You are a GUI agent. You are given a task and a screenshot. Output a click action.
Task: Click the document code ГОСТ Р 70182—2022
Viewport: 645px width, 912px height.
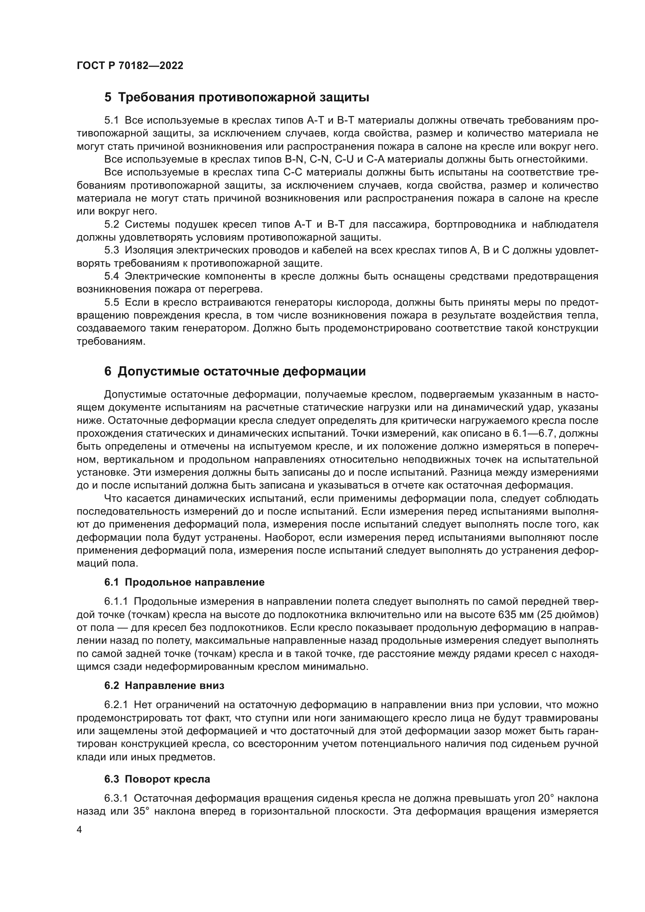point(130,66)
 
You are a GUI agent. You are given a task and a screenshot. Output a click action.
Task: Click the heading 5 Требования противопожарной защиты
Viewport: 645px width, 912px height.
point(236,97)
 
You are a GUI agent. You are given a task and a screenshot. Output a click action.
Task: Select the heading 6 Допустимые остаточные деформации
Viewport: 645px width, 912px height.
point(235,372)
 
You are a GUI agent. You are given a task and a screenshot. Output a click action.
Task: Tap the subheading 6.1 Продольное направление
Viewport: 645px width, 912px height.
point(184,582)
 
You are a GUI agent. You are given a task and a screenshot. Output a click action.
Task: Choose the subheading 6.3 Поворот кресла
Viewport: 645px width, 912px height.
point(157,779)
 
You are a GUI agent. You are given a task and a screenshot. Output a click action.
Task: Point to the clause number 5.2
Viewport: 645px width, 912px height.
point(112,225)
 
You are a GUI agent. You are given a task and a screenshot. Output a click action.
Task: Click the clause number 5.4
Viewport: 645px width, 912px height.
point(112,276)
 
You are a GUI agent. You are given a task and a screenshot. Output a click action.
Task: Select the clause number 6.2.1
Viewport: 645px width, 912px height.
point(116,705)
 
